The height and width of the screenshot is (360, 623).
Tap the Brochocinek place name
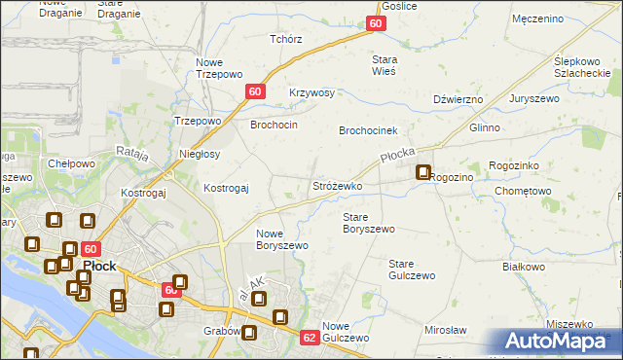(375, 130)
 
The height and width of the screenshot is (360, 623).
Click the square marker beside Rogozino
(423, 173)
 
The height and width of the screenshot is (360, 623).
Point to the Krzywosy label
(311, 93)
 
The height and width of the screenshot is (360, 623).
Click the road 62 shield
(310, 338)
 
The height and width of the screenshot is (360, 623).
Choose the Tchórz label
(286, 40)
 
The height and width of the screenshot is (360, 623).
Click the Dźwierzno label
(458, 98)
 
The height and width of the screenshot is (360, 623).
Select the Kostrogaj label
(226, 187)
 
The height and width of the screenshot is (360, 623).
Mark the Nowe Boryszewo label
(282, 239)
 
